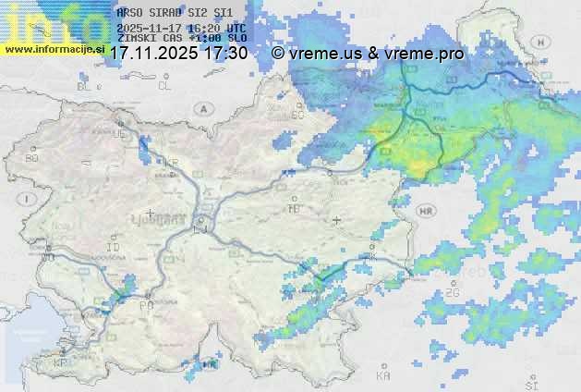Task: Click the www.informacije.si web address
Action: coord(54,49)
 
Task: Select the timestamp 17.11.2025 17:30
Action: coord(178,54)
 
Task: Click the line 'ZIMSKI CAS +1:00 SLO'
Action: coord(182,39)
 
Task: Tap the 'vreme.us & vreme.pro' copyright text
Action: coord(368,54)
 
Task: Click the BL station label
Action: coord(86,86)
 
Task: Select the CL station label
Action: coord(165,86)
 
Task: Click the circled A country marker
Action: coord(201,109)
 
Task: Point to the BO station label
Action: coord(32,158)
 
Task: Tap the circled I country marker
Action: coord(30,198)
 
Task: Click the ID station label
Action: coord(114,249)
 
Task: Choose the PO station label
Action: coord(145,305)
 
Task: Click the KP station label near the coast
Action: coord(61,364)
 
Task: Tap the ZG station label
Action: coord(452,293)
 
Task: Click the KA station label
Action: coord(383,376)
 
